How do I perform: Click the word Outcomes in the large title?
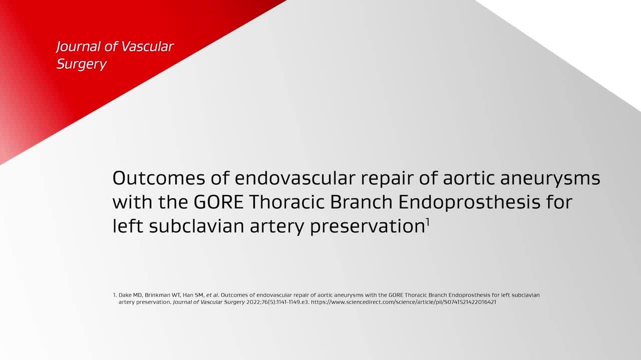coord(159,178)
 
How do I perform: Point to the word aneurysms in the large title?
coord(550,178)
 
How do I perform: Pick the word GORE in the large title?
coord(219,202)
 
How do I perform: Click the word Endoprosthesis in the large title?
coord(470,202)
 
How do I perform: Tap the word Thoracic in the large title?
coord(287,202)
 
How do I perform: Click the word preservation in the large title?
coord(368,226)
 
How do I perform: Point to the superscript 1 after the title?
coord(428,221)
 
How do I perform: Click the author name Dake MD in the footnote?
coord(130,295)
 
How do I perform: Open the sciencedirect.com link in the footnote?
coord(404,302)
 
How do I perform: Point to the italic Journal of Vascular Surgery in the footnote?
coord(209,302)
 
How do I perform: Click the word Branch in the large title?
coord(362,202)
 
